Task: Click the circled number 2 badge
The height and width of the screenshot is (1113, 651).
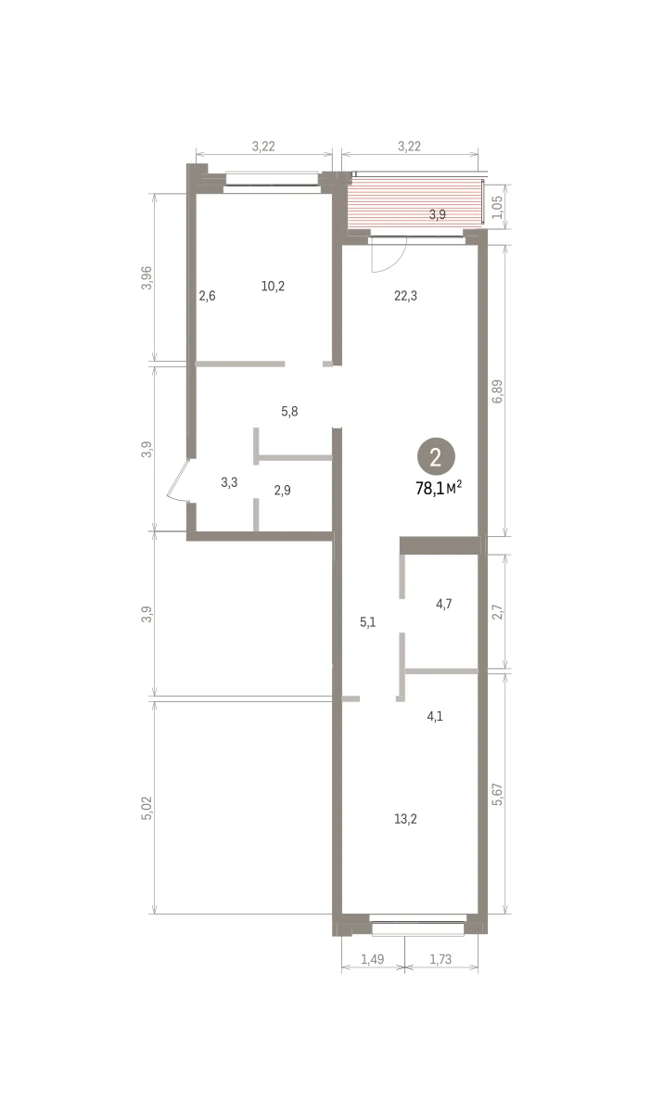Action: (x=436, y=455)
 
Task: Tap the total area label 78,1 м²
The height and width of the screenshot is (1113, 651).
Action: (x=439, y=489)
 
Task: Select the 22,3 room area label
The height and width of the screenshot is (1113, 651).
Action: (x=405, y=296)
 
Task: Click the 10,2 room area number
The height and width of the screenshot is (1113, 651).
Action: (x=273, y=287)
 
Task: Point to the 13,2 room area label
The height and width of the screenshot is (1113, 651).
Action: (x=405, y=819)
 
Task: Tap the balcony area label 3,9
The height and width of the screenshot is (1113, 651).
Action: (x=438, y=214)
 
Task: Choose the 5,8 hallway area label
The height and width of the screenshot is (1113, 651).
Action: (x=289, y=412)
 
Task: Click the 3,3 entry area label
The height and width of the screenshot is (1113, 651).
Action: (x=229, y=482)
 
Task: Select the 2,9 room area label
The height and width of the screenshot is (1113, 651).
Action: (x=282, y=491)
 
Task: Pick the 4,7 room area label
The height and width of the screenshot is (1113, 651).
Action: (x=444, y=604)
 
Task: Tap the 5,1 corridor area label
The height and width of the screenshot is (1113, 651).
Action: (x=368, y=622)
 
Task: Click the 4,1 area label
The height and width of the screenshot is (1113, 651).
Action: (x=435, y=716)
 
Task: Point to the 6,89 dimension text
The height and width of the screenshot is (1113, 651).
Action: (x=497, y=391)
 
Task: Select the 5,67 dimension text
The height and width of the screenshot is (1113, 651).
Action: (x=497, y=794)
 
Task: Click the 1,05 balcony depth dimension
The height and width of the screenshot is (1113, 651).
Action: (x=497, y=207)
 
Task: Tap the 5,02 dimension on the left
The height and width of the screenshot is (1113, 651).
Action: (x=147, y=808)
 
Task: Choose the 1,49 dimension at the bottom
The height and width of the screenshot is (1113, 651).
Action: (x=372, y=959)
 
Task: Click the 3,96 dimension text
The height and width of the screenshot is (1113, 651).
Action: (x=147, y=278)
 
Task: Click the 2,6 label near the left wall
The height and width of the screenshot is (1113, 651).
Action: (x=207, y=296)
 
